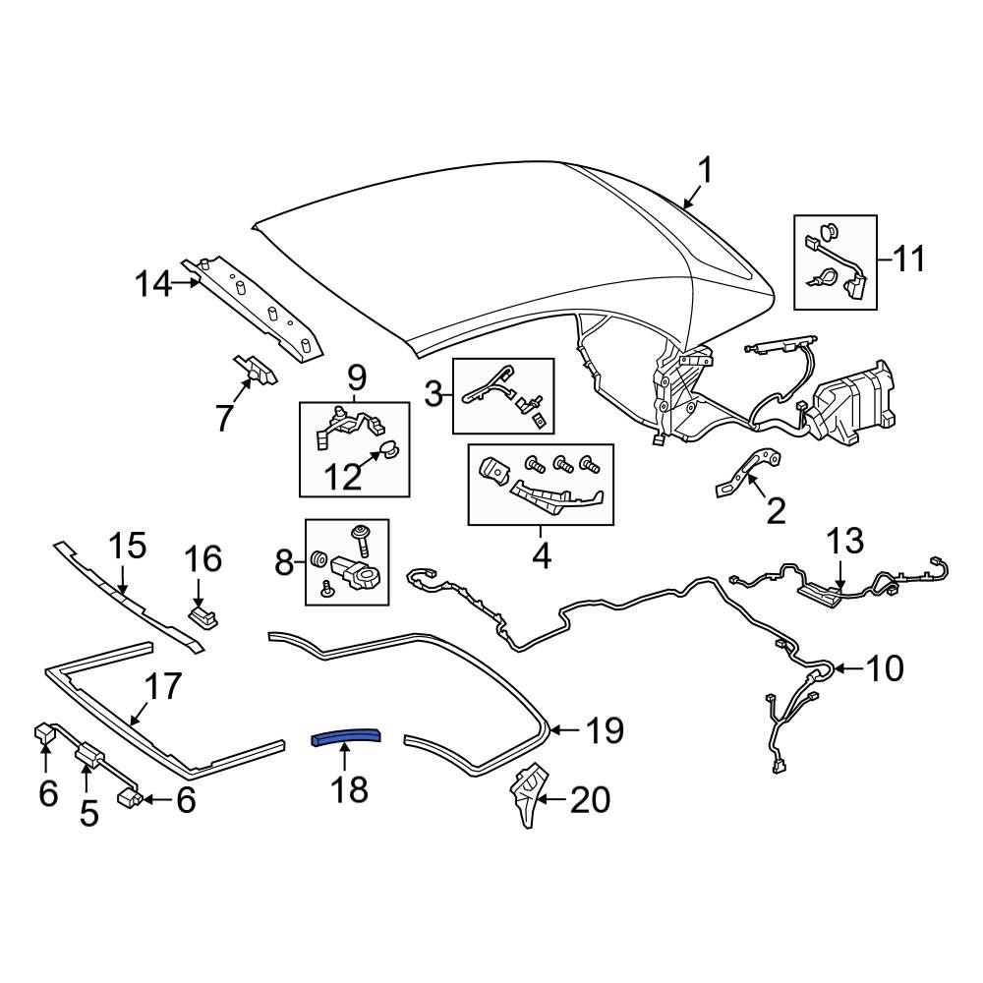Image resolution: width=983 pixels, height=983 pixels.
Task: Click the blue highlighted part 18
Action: [346, 738]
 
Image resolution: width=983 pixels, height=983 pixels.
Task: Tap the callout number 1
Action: [704, 172]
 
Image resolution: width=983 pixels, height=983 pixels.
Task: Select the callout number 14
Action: [153, 285]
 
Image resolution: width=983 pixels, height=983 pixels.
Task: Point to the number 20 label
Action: [590, 800]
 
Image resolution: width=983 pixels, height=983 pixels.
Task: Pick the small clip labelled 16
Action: [202, 615]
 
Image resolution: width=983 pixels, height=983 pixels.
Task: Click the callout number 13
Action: [844, 542]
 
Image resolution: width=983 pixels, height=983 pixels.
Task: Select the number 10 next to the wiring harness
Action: [885, 668]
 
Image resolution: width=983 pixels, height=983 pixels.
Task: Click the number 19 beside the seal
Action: [605, 730]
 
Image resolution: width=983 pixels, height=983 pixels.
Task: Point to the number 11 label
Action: [909, 260]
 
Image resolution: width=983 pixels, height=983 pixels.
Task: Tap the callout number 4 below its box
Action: [541, 556]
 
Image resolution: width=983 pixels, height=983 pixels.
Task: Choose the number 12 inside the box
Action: [343, 477]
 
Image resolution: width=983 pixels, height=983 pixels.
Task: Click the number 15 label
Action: [127, 547]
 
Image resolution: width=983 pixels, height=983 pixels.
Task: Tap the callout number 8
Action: [285, 563]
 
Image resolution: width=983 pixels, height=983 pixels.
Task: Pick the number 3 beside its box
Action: [434, 395]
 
